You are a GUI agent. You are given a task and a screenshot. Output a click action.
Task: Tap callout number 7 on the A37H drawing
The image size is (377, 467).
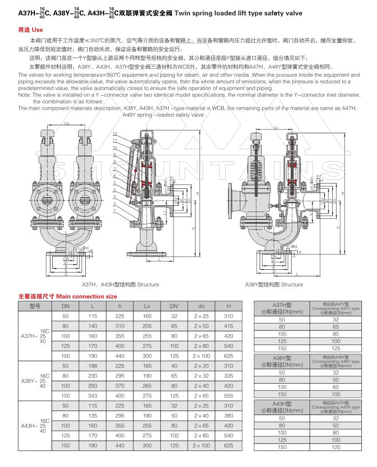[x=115, y=169]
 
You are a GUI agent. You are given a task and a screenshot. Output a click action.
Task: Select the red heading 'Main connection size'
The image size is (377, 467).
[x=67, y=297]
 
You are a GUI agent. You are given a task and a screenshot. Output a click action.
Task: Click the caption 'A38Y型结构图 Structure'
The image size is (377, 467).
[x=274, y=284]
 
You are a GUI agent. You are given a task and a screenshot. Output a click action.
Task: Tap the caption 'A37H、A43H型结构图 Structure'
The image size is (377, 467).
[x=121, y=284]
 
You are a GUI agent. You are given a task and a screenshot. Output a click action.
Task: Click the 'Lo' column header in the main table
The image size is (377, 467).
[x=147, y=306]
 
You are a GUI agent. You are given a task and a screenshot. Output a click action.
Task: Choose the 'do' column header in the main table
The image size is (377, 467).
[x=201, y=306]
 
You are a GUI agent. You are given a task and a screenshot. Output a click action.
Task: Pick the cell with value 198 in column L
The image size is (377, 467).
[x=92, y=366]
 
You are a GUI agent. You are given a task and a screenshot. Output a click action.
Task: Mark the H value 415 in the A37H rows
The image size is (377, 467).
[x=229, y=326]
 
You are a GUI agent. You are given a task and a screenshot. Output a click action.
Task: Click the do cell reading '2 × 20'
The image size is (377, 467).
[x=201, y=366]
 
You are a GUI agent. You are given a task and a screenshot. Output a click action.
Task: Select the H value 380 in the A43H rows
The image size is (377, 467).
[x=229, y=415]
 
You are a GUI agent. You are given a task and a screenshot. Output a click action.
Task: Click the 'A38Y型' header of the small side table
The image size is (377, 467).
[x=282, y=362]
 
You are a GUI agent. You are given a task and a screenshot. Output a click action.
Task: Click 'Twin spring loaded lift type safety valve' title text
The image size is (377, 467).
[x=238, y=14]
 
